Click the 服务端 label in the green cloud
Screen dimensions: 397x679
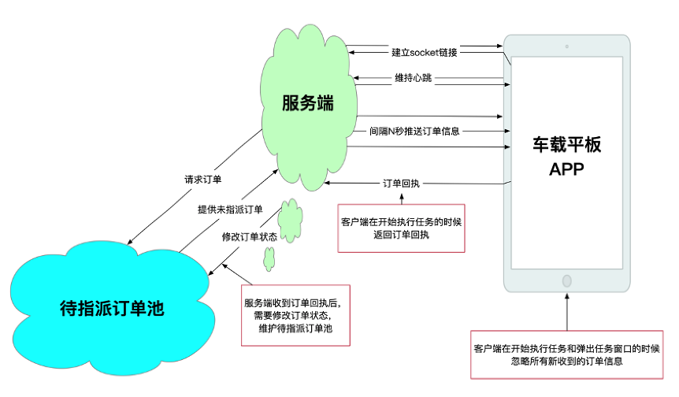307,102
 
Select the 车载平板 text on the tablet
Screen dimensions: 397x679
566,146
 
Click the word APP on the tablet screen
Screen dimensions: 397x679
566,169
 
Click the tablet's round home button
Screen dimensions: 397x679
566,280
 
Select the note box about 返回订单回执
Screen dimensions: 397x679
401,228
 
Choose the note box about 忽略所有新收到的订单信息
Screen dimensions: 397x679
566,355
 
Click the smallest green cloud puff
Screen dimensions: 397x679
269,257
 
